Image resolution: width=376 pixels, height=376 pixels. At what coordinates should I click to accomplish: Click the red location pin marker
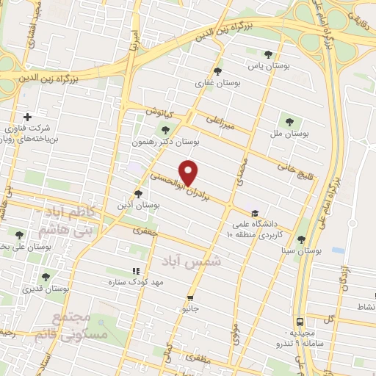click(x=189, y=172)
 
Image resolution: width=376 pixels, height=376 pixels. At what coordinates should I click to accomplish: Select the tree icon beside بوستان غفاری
click(x=217, y=71)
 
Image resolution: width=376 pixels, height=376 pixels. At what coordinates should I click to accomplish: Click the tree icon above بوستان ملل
click(x=286, y=122)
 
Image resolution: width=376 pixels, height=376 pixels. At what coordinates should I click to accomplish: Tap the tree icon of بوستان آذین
click(x=137, y=193)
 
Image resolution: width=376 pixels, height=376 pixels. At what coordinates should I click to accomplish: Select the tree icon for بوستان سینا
click(x=300, y=239)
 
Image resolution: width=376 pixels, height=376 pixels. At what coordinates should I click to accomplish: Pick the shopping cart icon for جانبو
click(x=190, y=298)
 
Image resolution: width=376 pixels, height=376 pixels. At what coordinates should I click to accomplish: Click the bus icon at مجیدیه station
click(x=300, y=322)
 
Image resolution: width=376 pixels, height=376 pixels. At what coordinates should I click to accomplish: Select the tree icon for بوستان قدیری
click(x=46, y=277)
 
